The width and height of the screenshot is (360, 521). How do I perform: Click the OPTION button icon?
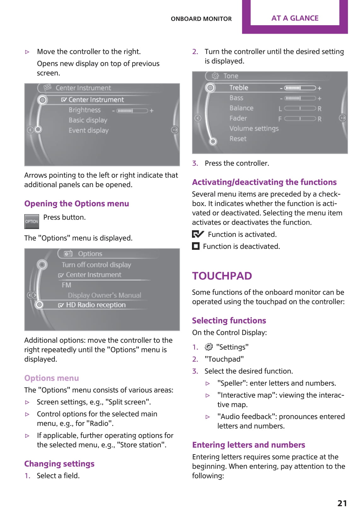[32, 221]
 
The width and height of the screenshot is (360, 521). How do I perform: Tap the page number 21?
[342, 503]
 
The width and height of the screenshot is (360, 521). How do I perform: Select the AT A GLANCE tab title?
[295, 18]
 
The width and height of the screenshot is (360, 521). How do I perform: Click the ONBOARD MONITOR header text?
[201, 19]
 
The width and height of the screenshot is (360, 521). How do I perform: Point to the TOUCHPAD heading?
[222, 276]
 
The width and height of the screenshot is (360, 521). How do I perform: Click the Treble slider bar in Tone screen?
[300, 88]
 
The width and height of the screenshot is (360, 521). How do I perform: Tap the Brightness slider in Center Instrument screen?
[132, 111]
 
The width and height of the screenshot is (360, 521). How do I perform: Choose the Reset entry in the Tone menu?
[238, 139]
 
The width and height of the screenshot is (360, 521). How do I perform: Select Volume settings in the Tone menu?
[254, 129]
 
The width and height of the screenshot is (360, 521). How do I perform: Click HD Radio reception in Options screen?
[96, 305]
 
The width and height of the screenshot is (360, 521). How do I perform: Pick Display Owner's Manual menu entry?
[104, 295]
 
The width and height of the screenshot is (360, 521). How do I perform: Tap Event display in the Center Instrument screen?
[89, 130]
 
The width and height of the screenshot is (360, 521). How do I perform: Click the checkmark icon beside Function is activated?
[198, 234]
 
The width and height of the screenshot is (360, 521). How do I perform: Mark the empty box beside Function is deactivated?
[196, 246]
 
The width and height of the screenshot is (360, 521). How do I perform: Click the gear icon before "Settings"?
[209, 347]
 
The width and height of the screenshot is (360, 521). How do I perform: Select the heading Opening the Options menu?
[77, 203]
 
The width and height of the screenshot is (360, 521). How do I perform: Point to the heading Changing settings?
[59, 464]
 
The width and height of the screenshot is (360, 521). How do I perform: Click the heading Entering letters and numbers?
[248, 445]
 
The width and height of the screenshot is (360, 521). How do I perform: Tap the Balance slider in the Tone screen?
[300, 108]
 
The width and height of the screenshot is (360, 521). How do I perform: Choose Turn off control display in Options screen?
[96, 265]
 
